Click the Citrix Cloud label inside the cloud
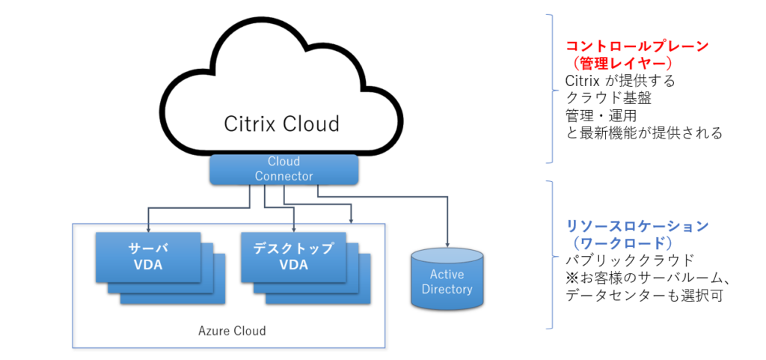[281, 123]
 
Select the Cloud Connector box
[284, 169]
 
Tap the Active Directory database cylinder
[447, 281]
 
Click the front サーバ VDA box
[147, 257]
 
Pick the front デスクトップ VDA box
[294, 257]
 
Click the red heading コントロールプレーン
[635, 46]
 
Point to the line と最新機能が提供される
[643, 134]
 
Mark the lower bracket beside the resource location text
[551, 254]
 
